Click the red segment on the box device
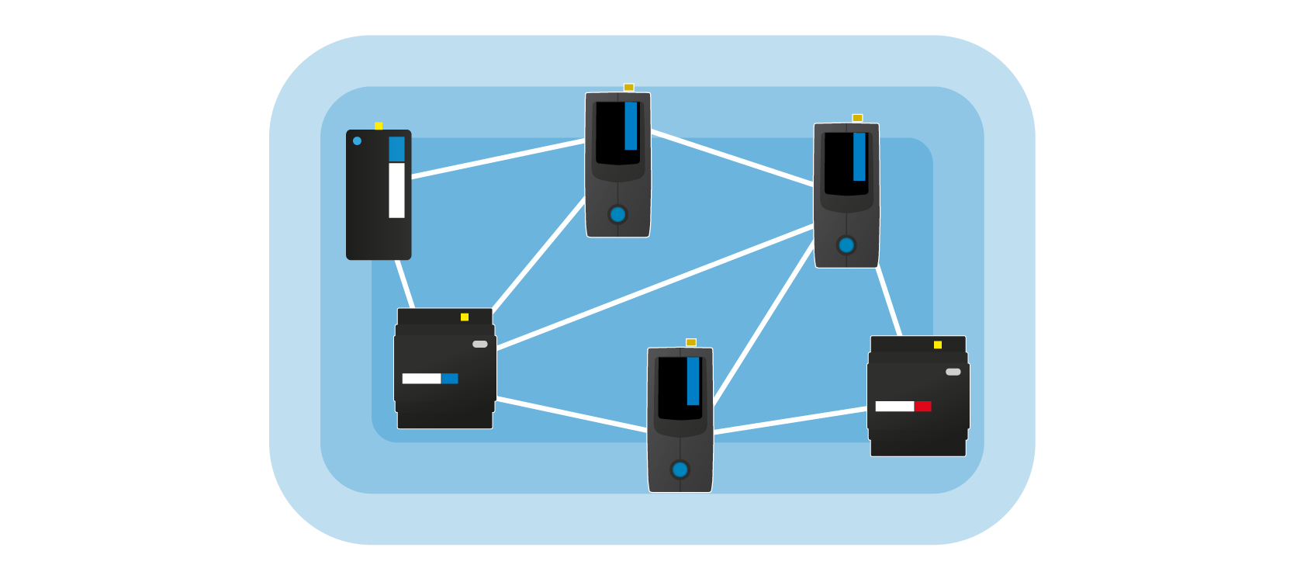(x=922, y=407)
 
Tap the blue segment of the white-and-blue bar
(x=450, y=379)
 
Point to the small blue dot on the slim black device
(x=357, y=141)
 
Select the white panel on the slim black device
(x=396, y=190)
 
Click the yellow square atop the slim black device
(x=379, y=126)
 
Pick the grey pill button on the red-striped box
(x=953, y=372)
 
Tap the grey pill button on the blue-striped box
(x=480, y=344)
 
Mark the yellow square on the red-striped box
(x=938, y=345)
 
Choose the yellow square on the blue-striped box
(x=465, y=317)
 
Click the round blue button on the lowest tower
(x=680, y=469)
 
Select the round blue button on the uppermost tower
(x=617, y=214)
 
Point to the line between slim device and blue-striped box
(x=405, y=284)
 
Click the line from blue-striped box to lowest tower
(x=572, y=414)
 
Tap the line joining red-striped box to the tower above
(x=889, y=302)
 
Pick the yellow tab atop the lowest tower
(x=691, y=342)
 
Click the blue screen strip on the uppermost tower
(x=631, y=126)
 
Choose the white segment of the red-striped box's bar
(x=894, y=407)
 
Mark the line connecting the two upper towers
(x=732, y=158)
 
